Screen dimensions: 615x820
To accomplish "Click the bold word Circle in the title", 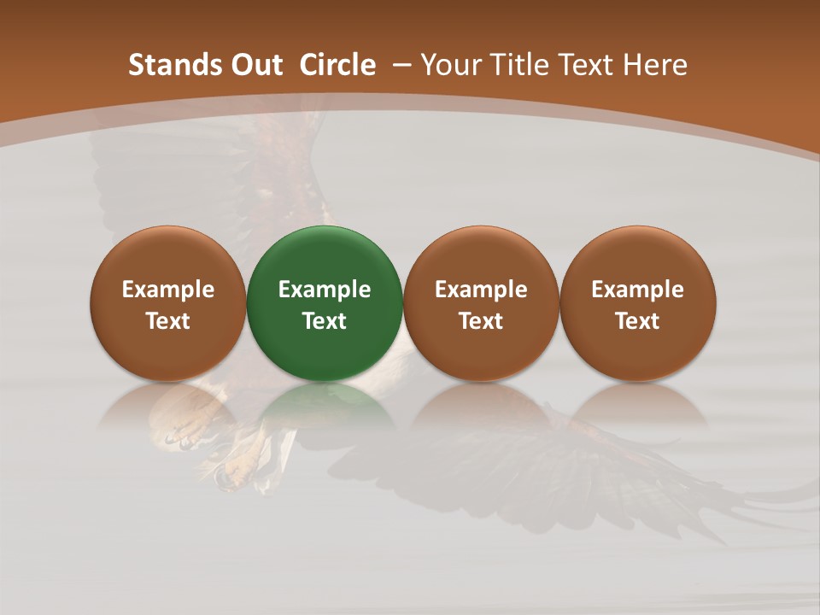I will click(337, 65).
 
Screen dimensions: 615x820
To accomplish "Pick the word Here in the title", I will click(655, 65).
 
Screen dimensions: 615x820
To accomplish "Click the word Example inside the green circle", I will click(325, 290).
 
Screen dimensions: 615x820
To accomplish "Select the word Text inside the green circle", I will click(325, 321).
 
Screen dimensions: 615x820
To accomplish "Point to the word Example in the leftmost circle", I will click(168, 290).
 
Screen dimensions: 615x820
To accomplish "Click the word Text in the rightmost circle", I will click(637, 321).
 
